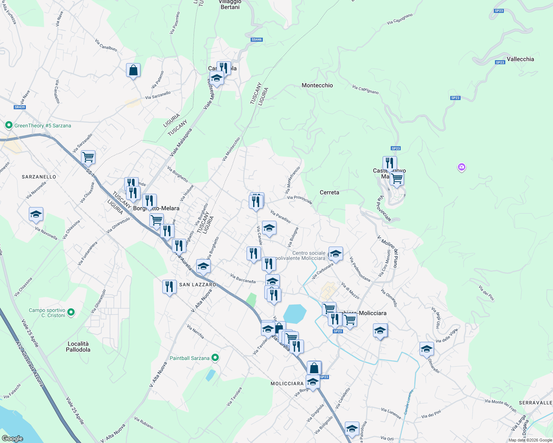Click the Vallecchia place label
click(520, 59)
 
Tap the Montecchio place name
click(317, 85)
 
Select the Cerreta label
click(329, 192)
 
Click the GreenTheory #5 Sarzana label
click(43, 126)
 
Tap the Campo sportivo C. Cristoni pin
click(71, 312)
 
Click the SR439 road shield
click(20, 107)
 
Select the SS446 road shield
click(256, 40)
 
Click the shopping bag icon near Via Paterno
click(133, 70)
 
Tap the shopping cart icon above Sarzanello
click(88, 157)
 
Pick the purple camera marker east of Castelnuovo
click(461, 168)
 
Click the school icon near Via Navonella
click(36, 214)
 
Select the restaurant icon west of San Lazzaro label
click(169, 286)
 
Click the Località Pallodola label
click(78, 346)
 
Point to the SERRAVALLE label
click(535, 402)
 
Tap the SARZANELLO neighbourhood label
click(39, 177)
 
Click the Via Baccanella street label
click(243, 278)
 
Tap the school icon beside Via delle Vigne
click(426, 349)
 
